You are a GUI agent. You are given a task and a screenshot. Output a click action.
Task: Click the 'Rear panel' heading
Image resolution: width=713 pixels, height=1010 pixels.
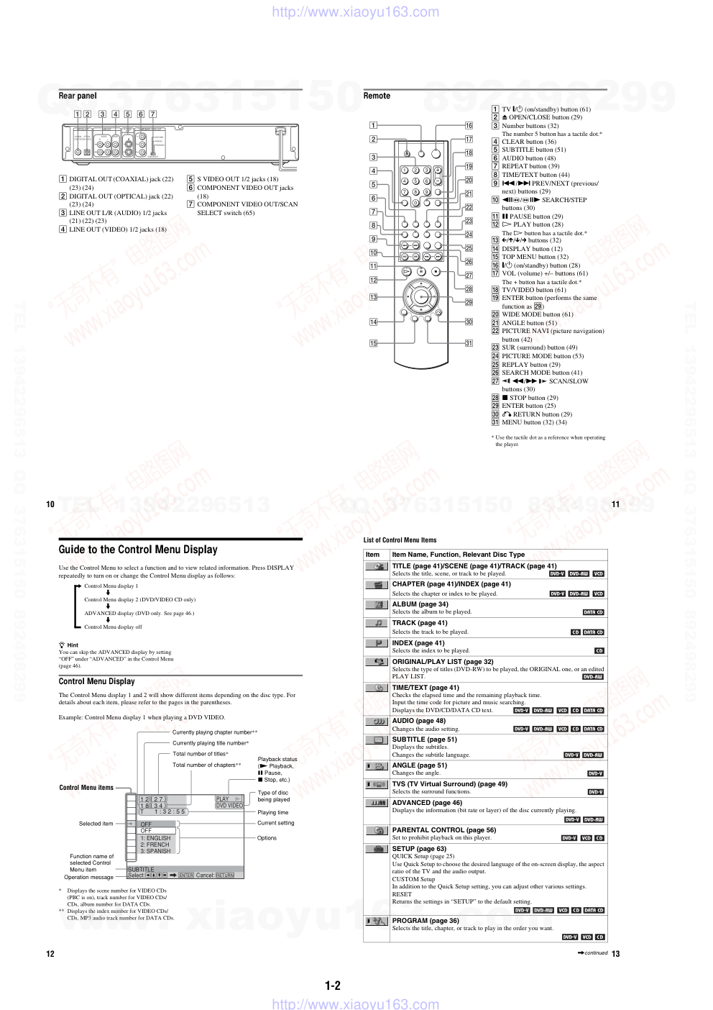point(78,96)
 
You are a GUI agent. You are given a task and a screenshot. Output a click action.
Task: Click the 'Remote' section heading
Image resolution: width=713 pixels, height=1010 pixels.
point(377,96)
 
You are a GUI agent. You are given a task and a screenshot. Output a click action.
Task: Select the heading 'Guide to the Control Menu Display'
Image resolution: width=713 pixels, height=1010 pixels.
point(138,550)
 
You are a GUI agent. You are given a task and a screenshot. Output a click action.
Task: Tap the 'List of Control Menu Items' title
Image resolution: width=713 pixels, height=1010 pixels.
point(400,540)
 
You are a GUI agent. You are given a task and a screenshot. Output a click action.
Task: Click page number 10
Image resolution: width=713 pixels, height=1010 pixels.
point(50,504)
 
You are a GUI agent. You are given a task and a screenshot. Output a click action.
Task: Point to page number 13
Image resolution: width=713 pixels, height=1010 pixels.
point(616,954)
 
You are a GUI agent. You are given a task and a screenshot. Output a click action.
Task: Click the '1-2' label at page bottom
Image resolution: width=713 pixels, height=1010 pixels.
point(333,986)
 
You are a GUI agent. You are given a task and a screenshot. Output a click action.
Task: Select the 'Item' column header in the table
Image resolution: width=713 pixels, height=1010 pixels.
point(372,555)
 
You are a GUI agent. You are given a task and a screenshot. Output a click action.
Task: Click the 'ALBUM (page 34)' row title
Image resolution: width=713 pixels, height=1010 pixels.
point(420,604)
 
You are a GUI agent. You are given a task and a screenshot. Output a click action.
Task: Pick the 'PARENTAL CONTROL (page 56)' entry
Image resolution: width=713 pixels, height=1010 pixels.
point(443,830)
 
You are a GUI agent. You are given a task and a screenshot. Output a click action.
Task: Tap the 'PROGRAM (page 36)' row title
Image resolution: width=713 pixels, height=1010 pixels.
point(425,921)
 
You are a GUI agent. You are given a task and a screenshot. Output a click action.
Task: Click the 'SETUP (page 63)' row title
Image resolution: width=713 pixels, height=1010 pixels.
point(419,849)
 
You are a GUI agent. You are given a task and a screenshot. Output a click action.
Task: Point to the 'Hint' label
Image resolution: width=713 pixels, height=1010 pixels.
point(73,645)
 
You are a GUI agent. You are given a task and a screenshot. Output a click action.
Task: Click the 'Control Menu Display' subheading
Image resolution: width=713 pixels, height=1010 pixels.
point(96,681)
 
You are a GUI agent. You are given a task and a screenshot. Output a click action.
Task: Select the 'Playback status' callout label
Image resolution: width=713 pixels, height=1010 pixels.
point(277,759)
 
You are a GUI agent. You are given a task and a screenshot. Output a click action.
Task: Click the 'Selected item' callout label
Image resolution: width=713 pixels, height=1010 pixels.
point(96,824)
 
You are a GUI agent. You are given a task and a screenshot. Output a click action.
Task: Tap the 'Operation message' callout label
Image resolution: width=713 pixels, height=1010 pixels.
point(88,877)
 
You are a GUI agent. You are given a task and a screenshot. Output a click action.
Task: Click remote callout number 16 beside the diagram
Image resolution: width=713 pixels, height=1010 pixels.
point(469,125)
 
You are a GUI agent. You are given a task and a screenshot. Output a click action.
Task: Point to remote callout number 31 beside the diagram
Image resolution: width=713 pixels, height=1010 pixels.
point(469,343)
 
